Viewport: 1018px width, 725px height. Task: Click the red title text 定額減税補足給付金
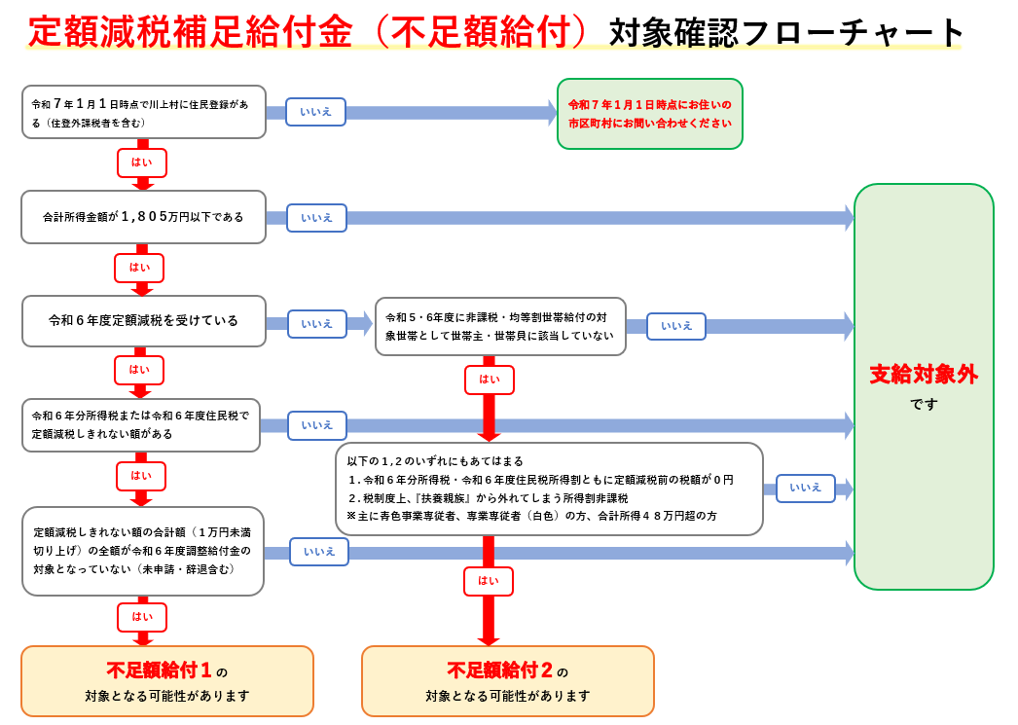coord(190,32)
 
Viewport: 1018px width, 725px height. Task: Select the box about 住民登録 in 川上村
coord(143,112)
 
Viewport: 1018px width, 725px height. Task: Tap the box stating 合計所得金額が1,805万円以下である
coord(143,217)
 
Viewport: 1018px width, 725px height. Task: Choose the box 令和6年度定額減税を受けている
coord(143,321)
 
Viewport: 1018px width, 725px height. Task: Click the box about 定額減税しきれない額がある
coord(141,425)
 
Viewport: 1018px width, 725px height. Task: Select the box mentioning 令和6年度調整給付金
coord(143,551)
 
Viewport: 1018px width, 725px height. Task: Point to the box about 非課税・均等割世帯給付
coord(500,327)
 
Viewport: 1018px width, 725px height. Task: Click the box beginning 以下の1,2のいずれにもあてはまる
coord(549,489)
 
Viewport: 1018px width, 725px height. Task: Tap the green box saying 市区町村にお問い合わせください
coord(649,114)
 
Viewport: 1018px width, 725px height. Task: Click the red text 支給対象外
coord(924,375)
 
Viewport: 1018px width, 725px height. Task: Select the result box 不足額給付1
coord(167,681)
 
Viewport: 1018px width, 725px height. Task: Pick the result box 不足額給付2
coord(507,681)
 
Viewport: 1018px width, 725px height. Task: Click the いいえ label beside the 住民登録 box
coord(315,112)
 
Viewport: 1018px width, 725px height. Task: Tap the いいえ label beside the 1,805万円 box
coord(316,218)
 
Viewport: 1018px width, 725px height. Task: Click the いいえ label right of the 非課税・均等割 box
coord(676,326)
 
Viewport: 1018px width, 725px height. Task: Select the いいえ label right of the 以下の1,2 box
coord(805,488)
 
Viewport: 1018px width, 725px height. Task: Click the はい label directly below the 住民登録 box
coord(142,163)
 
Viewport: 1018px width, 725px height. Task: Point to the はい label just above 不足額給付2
coord(489,581)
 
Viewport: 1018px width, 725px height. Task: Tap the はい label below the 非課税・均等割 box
coord(490,380)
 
